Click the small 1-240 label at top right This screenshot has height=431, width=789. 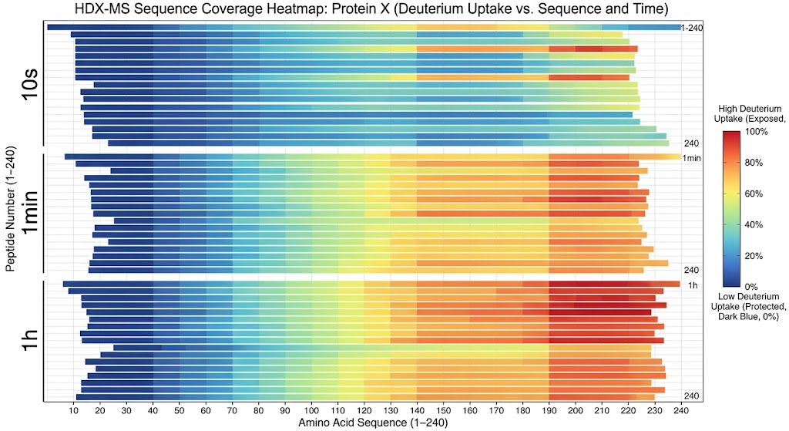(x=690, y=28)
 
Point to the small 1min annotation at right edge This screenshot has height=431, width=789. (x=691, y=158)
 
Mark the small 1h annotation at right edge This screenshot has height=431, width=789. (x=693, y=285)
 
